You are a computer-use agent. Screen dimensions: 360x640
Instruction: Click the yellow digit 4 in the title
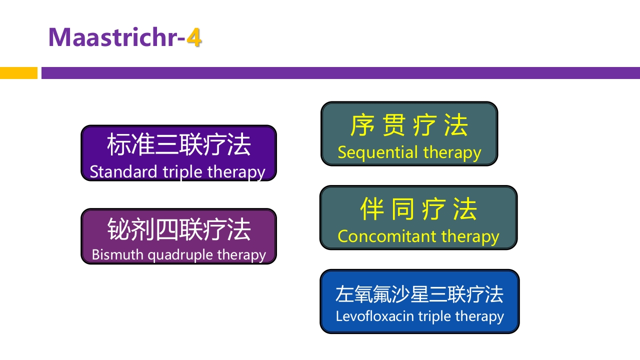[x=194, y=37]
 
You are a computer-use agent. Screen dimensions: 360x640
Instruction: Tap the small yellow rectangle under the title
[x=18, y=73]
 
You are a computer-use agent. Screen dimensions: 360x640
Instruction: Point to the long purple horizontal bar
[x=340, y=73]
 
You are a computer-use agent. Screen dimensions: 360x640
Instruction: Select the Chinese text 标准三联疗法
[x=178, y=145]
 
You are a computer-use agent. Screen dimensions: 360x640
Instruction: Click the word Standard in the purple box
[x=123, y=171]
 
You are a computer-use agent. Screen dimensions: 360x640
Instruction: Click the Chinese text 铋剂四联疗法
[x=178, y=229]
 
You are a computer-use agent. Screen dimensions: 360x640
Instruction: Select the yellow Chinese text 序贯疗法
[x=409, y=125]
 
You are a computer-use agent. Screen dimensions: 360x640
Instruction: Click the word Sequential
[x=377, y=153]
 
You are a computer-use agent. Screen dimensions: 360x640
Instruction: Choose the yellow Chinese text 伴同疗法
[x=418, y=209]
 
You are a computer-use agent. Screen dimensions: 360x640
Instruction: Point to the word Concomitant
[x=386, y=236]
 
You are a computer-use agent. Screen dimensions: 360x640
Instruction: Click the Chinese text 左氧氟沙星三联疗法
[x=419, y=294]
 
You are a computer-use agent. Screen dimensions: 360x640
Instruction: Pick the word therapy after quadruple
[x=242, y=255]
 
